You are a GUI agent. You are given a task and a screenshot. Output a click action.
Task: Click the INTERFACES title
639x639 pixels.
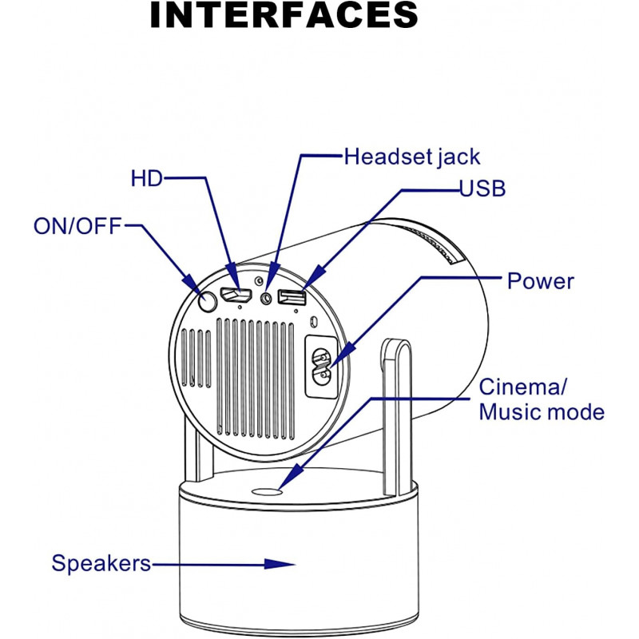point(284,17)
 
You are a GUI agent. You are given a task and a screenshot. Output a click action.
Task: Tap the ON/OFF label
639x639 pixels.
point(77,226)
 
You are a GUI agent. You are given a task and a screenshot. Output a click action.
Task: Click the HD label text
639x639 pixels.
point(146,178)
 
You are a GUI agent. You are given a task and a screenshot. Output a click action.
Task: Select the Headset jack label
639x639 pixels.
point(411,156)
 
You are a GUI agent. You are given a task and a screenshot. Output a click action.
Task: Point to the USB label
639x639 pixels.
point(482,189)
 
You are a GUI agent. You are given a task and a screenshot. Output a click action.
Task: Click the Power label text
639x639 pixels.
point(541,281)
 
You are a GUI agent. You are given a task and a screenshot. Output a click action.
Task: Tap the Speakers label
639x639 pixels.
point(101,563)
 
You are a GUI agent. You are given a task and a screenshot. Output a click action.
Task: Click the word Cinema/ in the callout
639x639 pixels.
point(522,387)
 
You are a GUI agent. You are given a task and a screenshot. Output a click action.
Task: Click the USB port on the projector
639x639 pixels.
point(292,297)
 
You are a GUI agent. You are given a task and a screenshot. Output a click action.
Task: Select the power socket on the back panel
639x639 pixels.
point(322,364)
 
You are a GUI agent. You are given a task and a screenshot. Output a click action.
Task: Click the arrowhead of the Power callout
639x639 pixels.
point(330,363)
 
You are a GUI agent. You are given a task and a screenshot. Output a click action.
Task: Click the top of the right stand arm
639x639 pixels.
point(396,345)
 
